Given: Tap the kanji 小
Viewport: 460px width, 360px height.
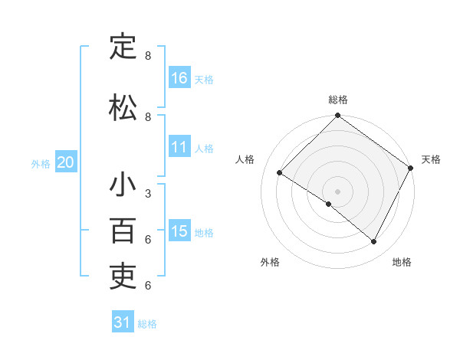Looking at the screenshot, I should pyautogui.click(x=123, y=185).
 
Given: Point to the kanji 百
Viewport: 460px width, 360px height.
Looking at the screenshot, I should pyautogui.click(x=123, y=231).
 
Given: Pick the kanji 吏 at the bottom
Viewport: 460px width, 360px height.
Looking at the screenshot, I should pyautogui.click(x=123, y=277).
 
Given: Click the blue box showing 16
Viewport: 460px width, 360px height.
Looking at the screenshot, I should pyautogui.click(x=179, y=77).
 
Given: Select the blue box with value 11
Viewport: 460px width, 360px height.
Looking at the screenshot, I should pyautogui.click(x=179, y=147).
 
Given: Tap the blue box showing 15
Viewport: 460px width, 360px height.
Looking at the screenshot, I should pyautogui.click(x=179, y=231).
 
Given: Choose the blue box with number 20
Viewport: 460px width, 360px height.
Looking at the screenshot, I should pyautogui.click(x=66, y=162).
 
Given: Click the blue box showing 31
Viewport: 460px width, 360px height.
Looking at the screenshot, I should pyautogui.click(x=123, y=322).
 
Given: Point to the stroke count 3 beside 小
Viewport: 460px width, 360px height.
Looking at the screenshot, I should pyautogui.click(x=147, y=194).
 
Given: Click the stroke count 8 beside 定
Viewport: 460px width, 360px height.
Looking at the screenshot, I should pyautogui.click(x=147, y=56).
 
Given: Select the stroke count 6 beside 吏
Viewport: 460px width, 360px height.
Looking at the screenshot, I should pyautogui.click(x=147, y=286).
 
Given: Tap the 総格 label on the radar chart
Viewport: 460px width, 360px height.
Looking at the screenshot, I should pyautogui.click(x=337, y=100).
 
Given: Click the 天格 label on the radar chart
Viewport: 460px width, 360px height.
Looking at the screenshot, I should pyautogui.click(x=431, y=159).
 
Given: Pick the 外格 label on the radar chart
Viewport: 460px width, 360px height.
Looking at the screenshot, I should pyautogui.click(x=270, y=262).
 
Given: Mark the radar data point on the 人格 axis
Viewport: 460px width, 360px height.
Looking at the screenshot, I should pyautogui.click(x=280, y=173).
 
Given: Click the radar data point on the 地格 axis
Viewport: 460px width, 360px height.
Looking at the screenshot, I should pyautogui.click(x=374, y=242).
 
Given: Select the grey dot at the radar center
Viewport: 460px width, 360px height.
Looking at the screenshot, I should pyautogui.click(x=337, y=191).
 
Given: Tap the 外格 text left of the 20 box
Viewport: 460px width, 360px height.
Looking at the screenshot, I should pyautogui.click(x=41, y=163).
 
